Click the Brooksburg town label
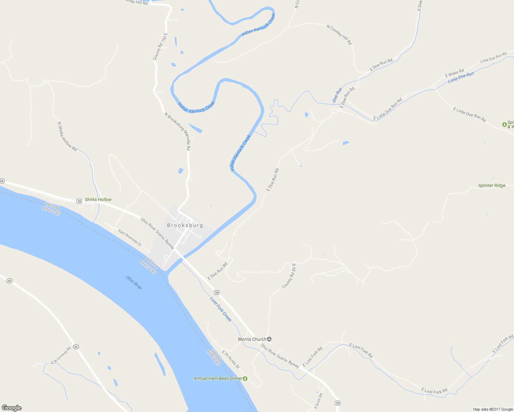pos(185,226)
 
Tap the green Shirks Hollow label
pos(98,199)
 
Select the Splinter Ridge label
pos(492,185)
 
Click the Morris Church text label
pos(252,339)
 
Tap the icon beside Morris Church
pos(269,339)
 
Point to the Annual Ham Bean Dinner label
pos(218,378)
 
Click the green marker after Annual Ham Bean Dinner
pos(245,378)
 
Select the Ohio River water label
pos(134,283)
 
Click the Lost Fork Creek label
pos(221,309)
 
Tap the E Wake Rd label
pos(455,73)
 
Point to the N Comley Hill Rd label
pos(339,35)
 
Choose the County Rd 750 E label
pos(160,47)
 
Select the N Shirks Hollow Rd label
pos(67,136)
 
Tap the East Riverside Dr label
pos(130,238)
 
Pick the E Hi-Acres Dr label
pos(231,360)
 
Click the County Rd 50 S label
pos(289,276)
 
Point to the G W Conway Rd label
pos(61,355)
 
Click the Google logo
pos(12,408)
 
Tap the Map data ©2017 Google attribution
pos(493,409)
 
